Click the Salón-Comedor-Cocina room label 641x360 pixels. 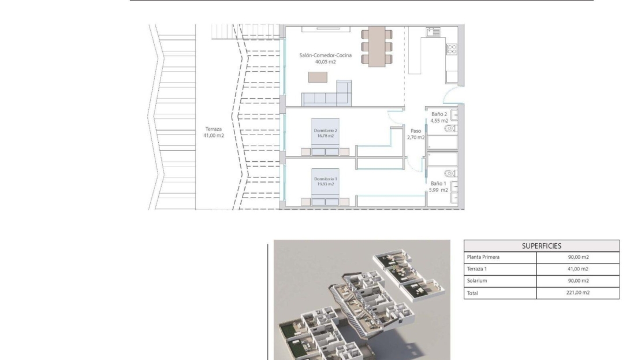325,58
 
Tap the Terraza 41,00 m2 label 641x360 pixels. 214,132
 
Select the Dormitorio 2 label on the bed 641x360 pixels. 325,133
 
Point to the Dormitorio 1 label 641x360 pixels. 325,181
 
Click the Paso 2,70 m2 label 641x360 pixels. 416,134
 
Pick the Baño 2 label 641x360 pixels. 439,117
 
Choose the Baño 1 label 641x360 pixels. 438,187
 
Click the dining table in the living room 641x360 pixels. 377,47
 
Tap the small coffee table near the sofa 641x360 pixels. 318,77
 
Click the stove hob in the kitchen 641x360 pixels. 452,49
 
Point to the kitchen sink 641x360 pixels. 433,32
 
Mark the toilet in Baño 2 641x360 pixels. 450,128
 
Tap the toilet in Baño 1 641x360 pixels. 450,173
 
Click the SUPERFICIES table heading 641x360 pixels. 541,246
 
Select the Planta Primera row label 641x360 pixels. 483,257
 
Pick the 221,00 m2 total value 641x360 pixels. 577,292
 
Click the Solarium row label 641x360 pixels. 477,281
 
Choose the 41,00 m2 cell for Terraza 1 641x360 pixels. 577,269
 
